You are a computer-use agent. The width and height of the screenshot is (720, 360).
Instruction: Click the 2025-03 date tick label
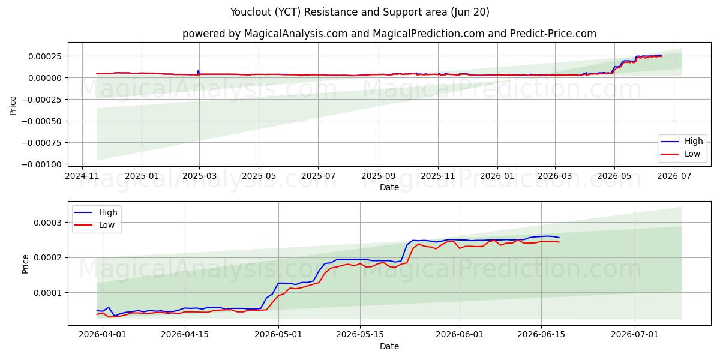(199, 176)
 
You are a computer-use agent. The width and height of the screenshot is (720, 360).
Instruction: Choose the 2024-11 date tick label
(82, 176)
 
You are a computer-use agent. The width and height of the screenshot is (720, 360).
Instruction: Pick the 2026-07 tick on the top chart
(674, 176)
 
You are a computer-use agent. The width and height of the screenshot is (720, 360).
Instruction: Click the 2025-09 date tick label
(379, 176)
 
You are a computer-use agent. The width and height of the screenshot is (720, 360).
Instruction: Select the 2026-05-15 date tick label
(360, 335)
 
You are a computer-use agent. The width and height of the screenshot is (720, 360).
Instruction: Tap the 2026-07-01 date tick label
(635, 335)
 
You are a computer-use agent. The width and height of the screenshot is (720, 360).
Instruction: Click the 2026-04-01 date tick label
(103, 335)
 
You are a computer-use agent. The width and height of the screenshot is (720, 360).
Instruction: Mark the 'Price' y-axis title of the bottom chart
(25, 264)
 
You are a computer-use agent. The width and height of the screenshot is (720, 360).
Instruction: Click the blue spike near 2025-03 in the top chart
(199, 72)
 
